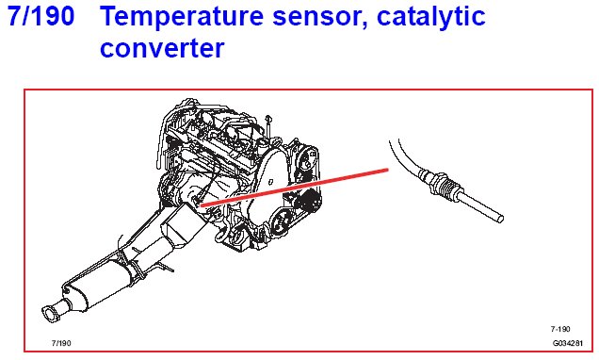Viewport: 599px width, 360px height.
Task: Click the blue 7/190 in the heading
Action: (40, 16)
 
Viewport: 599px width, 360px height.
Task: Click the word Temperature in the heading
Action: (182, 16)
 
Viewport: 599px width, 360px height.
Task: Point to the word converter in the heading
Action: (162, 48)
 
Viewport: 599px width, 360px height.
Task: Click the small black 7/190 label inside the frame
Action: (61, 343)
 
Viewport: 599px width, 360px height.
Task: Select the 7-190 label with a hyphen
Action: (560, 329)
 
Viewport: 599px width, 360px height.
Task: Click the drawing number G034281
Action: (568, 343)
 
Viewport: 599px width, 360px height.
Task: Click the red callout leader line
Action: (294, 188)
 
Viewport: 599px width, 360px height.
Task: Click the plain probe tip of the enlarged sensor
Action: (481, 206)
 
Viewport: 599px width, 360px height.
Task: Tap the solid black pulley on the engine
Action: (311, 200)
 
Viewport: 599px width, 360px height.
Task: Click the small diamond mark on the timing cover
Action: (270, 182)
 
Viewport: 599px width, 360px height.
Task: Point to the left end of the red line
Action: (201, 205)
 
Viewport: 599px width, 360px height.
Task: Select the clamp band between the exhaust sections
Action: (132, 263)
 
